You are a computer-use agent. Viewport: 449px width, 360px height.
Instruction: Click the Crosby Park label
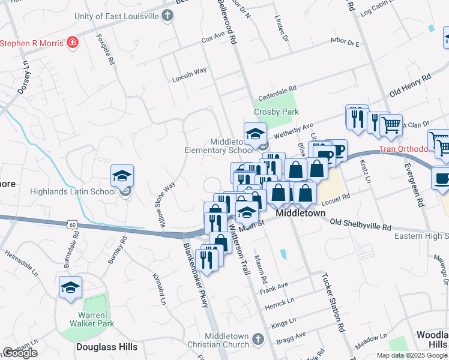coord(276,112)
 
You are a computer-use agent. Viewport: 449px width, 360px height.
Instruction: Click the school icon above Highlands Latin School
coord(122,176)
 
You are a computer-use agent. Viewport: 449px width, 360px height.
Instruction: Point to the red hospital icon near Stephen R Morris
coord(73,43)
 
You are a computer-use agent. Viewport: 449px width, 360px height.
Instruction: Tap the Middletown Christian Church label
coord(227,340)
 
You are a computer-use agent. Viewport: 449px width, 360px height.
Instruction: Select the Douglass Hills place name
coord(107,347)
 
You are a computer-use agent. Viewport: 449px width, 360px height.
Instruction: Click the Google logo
coord(20,353)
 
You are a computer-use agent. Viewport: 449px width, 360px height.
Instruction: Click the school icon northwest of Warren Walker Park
coord(70,287)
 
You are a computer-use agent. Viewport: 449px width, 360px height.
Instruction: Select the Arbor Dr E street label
coord(345,44)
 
